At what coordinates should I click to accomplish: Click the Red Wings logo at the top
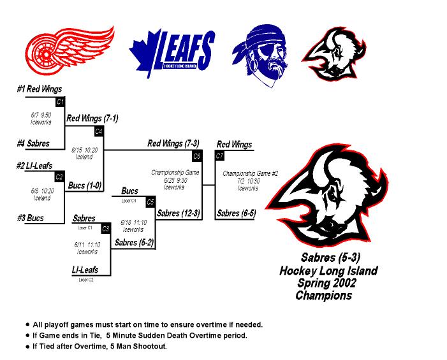pos(69,47)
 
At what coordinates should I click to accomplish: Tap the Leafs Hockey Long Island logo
pos(172,48)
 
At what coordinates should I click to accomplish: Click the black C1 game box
pos(60,102)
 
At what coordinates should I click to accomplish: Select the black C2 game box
pos(59,176)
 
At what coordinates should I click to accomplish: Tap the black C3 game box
pos(106,228)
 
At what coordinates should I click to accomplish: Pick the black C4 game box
pos(99,131)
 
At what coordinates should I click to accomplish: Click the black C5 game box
pos(150,202)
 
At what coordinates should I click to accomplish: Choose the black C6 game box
pos(197,155)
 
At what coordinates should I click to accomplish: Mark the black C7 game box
pos(220,155)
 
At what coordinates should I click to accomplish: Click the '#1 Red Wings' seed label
pos(40,90)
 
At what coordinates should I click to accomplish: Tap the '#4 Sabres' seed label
pos(33,143)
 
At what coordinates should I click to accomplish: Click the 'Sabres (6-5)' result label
pos(237,213)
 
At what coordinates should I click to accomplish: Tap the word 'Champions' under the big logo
pos(323,296)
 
